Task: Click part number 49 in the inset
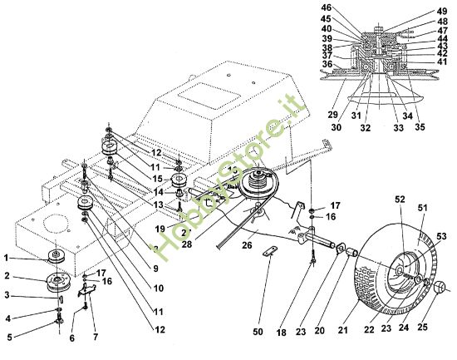[x=442, y=12]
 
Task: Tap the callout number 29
[x=332, y=115]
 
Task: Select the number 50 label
[x=258, y=332]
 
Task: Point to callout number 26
[x=247, y=244]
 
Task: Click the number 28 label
[x=186, y=244]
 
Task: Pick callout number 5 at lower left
[x=10, y=338]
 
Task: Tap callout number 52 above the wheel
[x=400, y=200]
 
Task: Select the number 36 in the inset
[x=327, y=64]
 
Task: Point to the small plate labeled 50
[x=270, y=251]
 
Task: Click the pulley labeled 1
[x=57, y=256]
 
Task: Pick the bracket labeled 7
[x=87, y=290]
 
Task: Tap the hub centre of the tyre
[x=400, y=270]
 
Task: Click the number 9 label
[x=155, y=269]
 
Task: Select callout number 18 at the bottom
[x=282, y=332]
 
